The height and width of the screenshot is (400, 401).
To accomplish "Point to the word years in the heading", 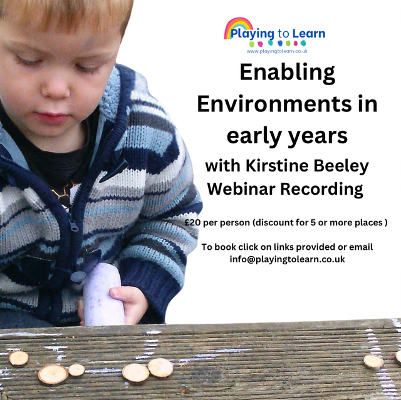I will point(311,135).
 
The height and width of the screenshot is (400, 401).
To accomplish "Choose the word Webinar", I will point(242,188).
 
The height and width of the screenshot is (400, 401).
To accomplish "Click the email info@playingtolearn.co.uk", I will point(287,259).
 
